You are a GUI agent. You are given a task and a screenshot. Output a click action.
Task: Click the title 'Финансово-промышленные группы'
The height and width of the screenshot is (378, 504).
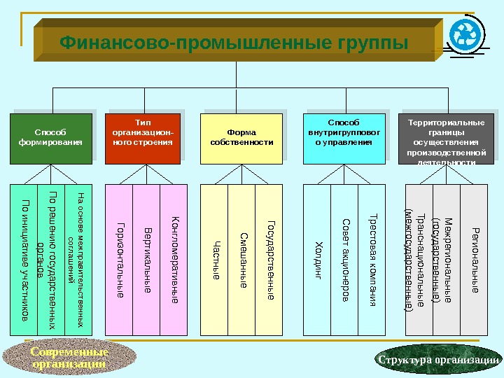[x=233, y=43]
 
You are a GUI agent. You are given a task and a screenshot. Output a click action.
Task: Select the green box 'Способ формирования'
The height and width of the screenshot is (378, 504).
[x=50, y=137]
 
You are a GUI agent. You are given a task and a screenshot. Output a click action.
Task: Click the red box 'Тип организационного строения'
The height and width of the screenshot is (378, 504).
[x=143, y=137]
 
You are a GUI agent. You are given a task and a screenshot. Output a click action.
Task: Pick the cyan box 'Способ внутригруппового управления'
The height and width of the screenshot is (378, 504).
[x=344, y=137]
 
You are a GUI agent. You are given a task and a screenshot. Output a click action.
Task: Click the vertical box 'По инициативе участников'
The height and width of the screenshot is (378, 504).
[x=24, y=259]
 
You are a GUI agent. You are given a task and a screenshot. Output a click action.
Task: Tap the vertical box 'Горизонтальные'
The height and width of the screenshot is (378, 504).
[x=119, y=259]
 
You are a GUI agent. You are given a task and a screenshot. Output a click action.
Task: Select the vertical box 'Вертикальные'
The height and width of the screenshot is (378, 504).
[x=146, y=259]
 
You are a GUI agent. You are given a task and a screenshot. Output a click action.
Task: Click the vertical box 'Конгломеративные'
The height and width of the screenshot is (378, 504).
[x=174, y=259]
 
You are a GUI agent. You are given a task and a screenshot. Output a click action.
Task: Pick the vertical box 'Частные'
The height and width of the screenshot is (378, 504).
[x=214, y=259]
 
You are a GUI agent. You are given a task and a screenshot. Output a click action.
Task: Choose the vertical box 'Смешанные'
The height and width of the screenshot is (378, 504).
[x=241, y=259]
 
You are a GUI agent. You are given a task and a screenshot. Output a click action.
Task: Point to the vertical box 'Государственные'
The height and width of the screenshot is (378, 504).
[x=269, y=259]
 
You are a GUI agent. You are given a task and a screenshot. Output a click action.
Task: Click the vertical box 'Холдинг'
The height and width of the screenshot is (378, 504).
[x=316, y=259]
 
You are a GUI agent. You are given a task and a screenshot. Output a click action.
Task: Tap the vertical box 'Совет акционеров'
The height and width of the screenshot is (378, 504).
[x=344, y=259]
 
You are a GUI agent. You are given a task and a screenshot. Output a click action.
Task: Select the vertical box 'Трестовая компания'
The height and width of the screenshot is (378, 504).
[x=372, y=259]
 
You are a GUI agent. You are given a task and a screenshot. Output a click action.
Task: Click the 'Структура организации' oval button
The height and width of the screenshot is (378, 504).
[x=439, y=359]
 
